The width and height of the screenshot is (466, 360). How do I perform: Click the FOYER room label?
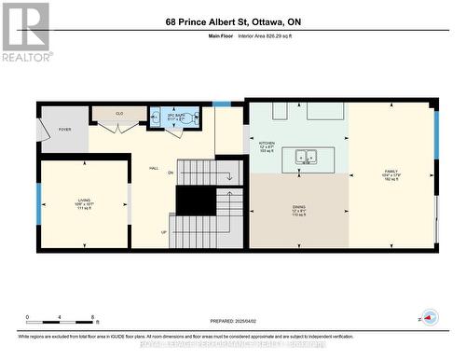(64, 130)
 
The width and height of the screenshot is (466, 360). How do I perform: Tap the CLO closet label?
(119, 113)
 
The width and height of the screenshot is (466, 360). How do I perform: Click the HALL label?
(154, 158)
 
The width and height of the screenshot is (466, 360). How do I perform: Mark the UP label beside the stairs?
(164, 232)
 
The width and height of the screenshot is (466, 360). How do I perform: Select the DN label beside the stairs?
(171, 173)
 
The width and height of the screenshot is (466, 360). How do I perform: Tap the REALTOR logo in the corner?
(25, 32)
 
